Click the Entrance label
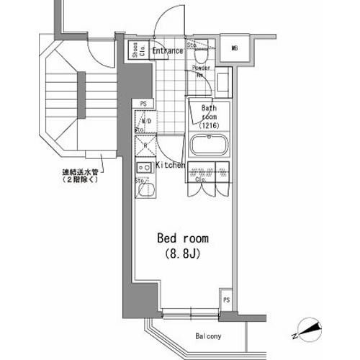click(166, 50)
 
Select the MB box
click(234, 48)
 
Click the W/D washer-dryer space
click(144, 122)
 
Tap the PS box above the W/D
click(144, 103)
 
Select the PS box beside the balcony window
click(227, 300)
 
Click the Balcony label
click(208, 336)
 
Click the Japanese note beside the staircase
click(83, 176)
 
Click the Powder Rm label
click(202, 71)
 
